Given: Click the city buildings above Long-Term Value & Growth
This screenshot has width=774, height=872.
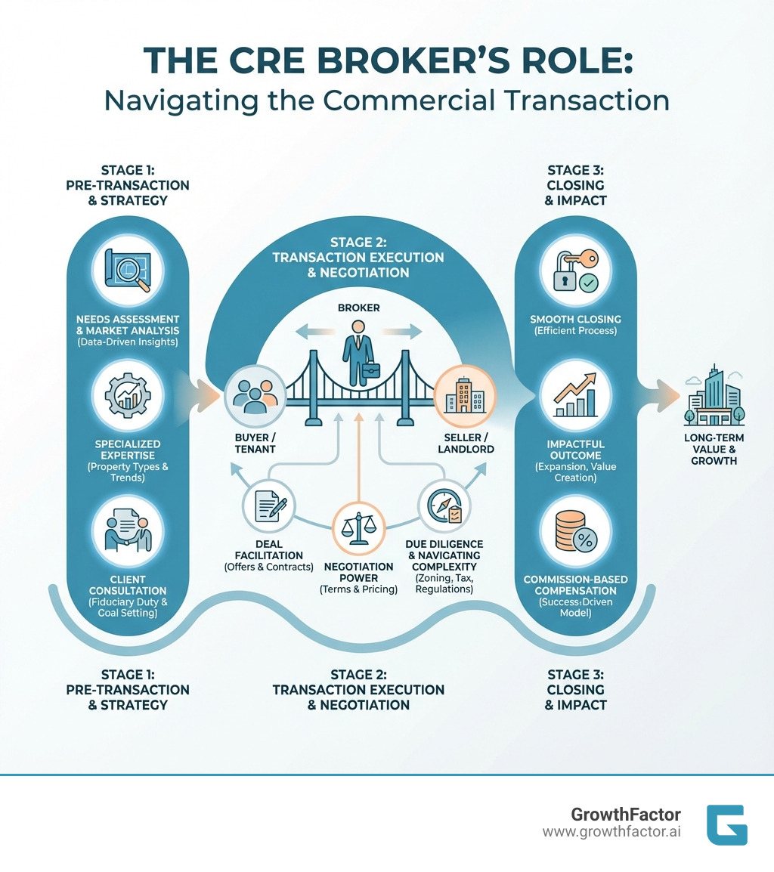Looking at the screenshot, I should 713,396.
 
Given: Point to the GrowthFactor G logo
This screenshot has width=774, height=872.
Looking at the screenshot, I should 726,824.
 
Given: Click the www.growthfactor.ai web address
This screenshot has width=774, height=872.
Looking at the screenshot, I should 611,832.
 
